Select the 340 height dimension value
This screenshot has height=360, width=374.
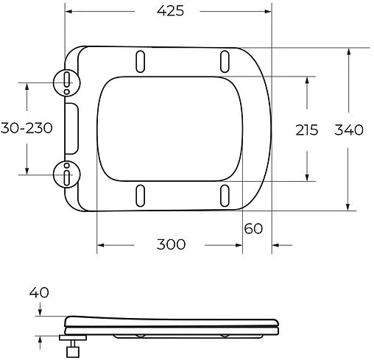click(x=349, y=130)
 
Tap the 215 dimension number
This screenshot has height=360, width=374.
click(x=306, y=130)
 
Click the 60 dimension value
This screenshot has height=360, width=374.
click(x=253, y=228)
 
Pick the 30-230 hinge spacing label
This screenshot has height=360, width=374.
click(x=26, y=128)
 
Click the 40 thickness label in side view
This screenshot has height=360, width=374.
click(x=39, y=292)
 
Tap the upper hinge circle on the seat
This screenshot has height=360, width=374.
click(x=67, y=82)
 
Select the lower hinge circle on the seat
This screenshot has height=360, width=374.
click(x=67, y=175)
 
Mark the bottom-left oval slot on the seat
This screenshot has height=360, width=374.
click(x=140, y=196)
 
